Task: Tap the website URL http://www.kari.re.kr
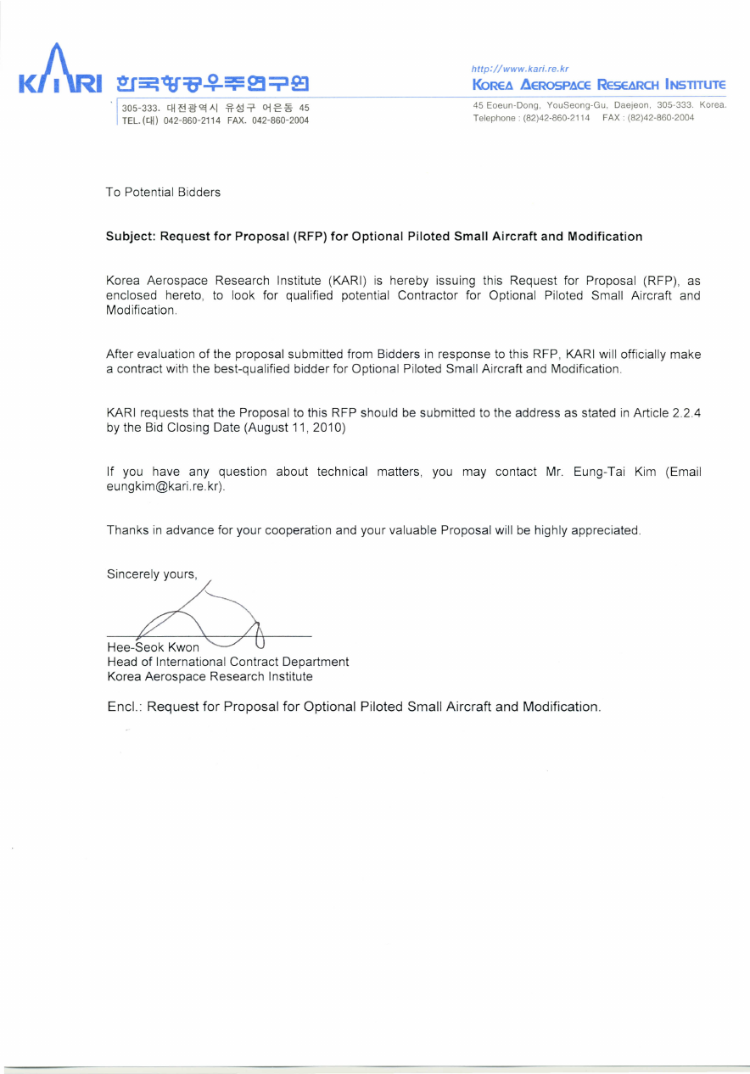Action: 520,68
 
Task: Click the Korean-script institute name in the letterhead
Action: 212,84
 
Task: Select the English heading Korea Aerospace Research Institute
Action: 599,85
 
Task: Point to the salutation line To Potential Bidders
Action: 163,193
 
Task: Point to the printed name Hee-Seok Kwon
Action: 154,648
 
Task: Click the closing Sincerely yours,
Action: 152,574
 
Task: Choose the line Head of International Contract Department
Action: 227,662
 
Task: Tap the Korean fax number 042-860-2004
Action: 280,120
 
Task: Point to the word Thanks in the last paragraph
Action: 126,530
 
